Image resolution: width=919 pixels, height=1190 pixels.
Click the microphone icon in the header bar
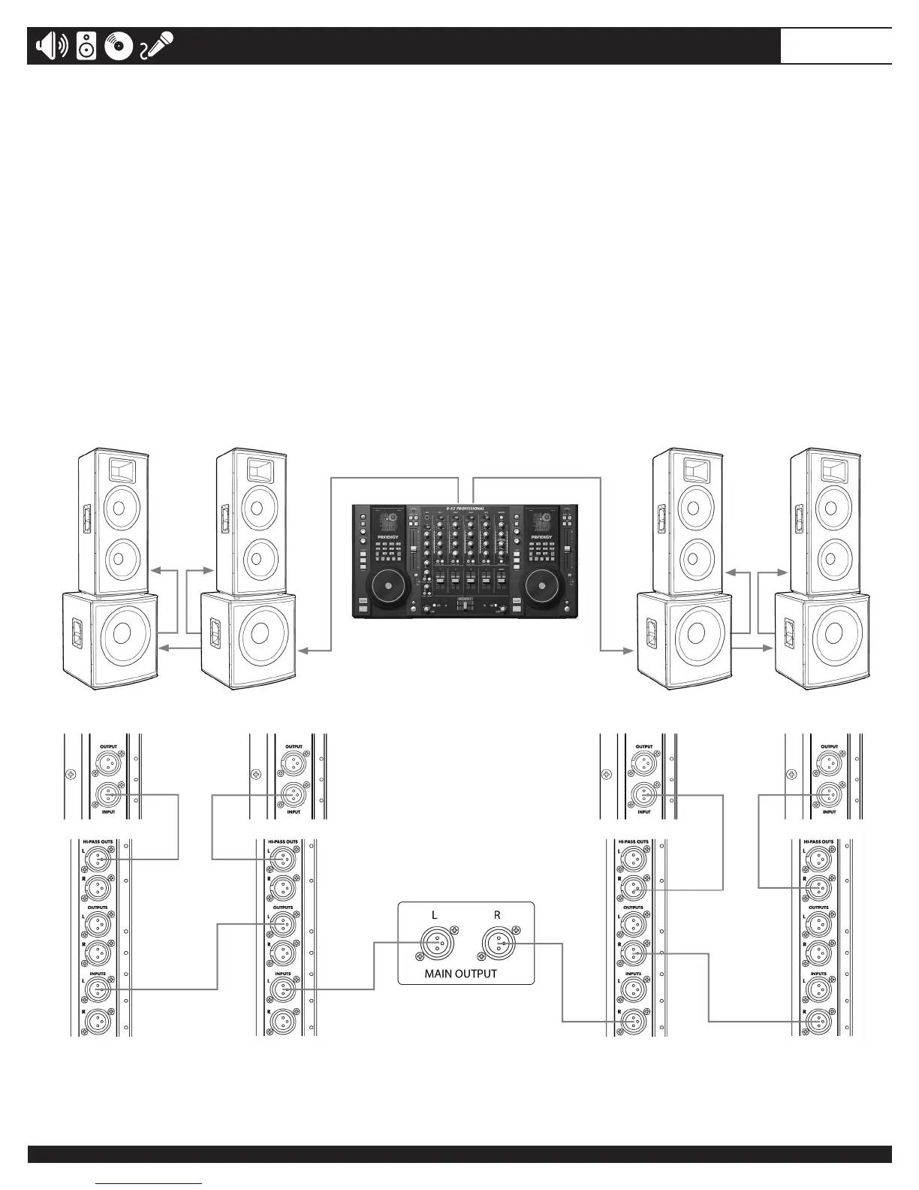point(158,46)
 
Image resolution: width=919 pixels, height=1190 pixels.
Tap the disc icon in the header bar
point(119,47)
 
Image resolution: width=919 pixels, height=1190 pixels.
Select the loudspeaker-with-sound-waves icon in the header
point(52,47)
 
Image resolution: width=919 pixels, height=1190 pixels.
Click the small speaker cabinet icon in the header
point(86,47)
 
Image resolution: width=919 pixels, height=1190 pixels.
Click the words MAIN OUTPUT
point(461,974)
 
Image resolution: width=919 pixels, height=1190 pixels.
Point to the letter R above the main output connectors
point(497,915)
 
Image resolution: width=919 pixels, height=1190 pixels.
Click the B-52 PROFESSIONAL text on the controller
point(466,509)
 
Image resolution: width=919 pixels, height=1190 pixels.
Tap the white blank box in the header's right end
point(836,47)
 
